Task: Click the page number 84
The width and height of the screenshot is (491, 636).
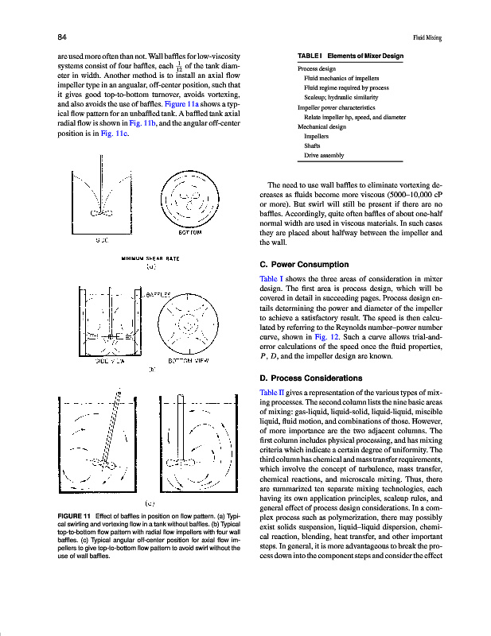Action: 61,37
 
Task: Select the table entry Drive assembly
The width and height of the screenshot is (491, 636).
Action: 324,155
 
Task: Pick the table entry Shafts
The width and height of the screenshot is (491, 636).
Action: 312,145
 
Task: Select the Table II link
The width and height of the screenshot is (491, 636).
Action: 270,393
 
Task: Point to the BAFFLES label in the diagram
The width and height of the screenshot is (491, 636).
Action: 160,293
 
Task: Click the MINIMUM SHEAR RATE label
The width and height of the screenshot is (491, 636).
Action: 150,258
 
